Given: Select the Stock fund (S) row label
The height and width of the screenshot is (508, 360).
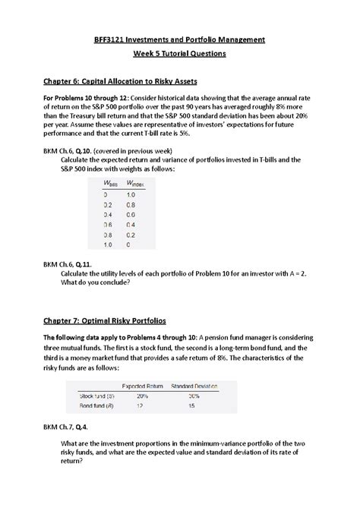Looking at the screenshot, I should [96, 395].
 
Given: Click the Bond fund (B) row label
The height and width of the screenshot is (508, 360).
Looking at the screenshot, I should [96, 406].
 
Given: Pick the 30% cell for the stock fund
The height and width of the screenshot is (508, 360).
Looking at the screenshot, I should [194, 395].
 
